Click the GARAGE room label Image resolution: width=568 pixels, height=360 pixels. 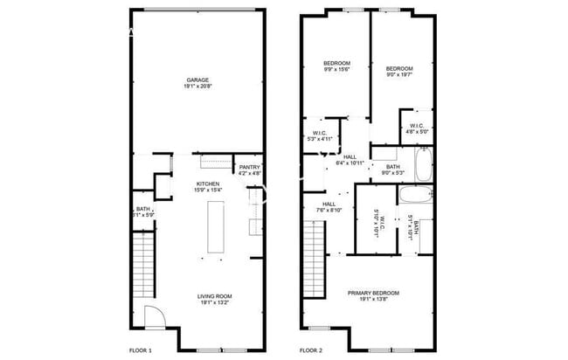(x=197, y=80)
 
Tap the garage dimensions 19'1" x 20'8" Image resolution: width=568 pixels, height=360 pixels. (x=197, y=87)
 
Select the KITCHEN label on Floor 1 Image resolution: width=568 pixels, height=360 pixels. (x=208, y=183)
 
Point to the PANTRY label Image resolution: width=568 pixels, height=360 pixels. (x=249, y=167)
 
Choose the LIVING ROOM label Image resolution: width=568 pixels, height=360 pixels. (x=214, y=297)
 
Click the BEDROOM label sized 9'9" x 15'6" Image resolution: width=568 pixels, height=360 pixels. (x=336, y=64)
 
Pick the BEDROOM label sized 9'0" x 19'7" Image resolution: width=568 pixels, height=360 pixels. (x=399, y=68)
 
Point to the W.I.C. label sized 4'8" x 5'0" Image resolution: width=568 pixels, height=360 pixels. (x=417, y=125)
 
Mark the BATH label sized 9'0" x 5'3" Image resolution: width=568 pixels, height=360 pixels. (x=392, y=167)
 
